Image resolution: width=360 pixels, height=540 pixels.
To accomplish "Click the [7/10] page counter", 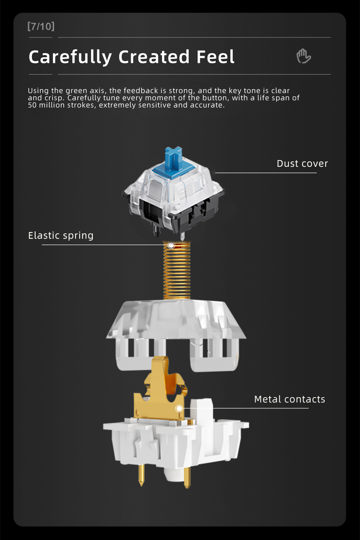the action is pos(41,26).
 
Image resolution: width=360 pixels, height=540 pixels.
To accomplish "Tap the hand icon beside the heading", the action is pos(303,56).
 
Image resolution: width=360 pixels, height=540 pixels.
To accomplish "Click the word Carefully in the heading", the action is pos(70,57).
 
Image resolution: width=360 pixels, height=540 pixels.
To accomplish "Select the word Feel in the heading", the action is pos(216,57).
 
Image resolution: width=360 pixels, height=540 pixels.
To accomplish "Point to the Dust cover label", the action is pos(302,163).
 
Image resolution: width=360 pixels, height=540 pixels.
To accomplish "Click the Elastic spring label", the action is pos(61,236).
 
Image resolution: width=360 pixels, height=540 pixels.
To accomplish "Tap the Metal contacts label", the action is pos(289,399).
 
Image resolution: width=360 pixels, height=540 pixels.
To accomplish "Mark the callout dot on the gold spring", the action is pos(171,245).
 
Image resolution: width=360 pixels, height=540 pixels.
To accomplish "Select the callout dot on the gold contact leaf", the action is pos(179,408).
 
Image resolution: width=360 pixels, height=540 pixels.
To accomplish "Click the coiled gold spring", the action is pos(177,270).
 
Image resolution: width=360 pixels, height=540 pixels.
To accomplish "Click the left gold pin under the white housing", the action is pos(141,475).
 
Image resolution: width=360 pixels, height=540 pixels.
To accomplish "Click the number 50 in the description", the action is pos(32,105).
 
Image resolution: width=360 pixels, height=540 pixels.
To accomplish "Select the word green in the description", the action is pos(76,91).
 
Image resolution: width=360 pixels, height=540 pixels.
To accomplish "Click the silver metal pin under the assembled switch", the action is pos(183,236).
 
